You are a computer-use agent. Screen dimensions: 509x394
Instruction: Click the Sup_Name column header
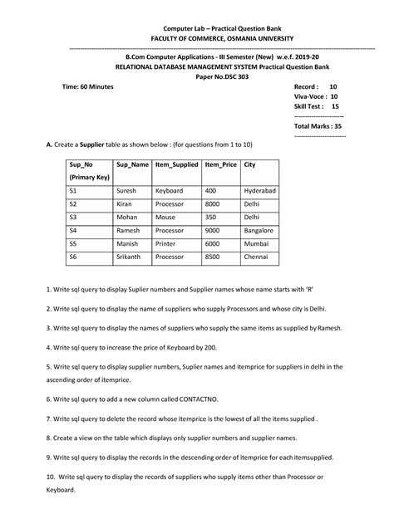coord(132,165)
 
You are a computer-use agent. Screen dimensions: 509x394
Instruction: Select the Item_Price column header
coord(220,165)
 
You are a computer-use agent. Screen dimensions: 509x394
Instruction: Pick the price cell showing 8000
coord(213,203)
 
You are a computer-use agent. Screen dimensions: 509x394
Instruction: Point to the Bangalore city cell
coord(259,230)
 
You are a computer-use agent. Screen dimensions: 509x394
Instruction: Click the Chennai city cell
coord(256,257)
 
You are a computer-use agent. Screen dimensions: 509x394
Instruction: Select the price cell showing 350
coord(211,217)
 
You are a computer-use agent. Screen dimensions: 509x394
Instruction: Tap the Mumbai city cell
coord(256,244)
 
